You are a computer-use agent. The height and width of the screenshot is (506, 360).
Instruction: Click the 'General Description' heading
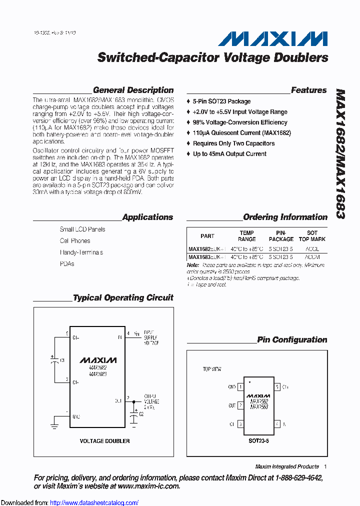click(x=133, y=90)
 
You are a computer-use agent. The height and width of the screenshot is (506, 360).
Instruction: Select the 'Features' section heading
click(x=308, y=90)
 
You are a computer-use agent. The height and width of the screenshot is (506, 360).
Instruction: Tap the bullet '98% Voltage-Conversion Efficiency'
click(x=240, y=122)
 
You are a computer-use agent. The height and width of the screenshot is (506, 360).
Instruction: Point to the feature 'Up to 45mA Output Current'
click(x=229, y=154)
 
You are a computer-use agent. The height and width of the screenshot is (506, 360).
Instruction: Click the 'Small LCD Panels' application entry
click(x=82, y=229)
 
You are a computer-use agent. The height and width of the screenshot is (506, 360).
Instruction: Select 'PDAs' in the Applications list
click(x=67, y=264)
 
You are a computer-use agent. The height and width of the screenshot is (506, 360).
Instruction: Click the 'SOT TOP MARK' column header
click(x=312, y=236)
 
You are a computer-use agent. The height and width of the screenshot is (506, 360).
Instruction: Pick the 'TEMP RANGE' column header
click(x=246, y=236)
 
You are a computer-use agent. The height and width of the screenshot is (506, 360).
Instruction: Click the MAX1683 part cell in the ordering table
click(x=206, y=257)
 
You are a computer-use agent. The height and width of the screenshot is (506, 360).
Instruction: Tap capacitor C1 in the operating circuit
click(x=53, y=360)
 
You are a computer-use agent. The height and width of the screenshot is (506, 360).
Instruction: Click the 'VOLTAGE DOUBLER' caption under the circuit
click(x=104, y=441)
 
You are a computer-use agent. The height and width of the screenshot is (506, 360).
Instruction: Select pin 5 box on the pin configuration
click(x=277, y=387)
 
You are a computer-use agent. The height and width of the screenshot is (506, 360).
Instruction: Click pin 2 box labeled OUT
click(x=240, y=405)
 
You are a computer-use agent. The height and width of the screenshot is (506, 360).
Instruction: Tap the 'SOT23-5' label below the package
click(x=258, y=441)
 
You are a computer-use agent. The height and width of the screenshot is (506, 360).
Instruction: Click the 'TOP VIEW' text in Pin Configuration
click(x=212, y=369)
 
